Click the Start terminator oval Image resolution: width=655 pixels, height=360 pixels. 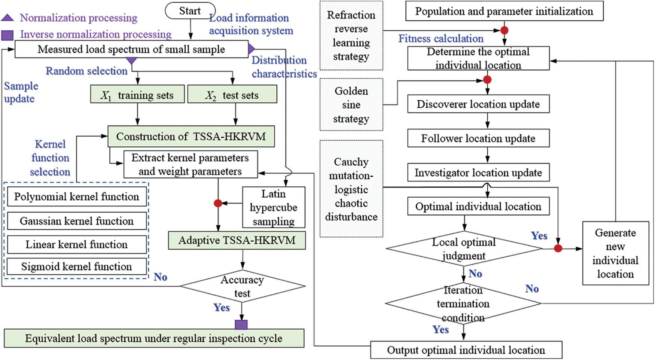click(x=190, y=11)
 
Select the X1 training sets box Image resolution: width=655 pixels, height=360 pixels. click(x=137, y=94)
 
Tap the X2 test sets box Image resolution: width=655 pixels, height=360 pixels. click(x=232, y=94)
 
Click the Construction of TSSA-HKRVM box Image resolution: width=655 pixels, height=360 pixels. click(x=191, y=136)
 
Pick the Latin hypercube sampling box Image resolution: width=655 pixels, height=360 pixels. click(x=274, y=207)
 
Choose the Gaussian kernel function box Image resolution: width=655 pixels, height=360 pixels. click(x=77, y=221)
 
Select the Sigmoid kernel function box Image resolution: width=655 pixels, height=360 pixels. click(x=77, y=266)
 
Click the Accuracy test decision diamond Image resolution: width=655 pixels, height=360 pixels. click(x=243, y=286)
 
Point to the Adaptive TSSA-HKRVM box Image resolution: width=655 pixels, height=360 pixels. click(x=237, y=240)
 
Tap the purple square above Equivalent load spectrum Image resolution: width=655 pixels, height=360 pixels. click(x=241, y=324)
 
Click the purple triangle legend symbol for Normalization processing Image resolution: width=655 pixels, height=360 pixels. click(x=7, y=17)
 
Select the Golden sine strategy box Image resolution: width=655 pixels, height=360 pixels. click(x=351, y=104)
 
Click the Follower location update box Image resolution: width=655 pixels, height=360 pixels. click(x=478, y=138)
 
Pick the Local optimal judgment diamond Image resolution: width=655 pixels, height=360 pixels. click(x=464, y=248)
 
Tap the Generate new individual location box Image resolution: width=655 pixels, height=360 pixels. click(x=615, y=253)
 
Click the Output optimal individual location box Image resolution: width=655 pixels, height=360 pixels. click(x=466, y=350)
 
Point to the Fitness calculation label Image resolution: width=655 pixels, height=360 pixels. click(x=441, y=39)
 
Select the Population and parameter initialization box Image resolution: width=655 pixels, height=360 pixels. click(x=505, y=11)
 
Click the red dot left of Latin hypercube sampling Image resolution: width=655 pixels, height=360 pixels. click(x=218, y=203)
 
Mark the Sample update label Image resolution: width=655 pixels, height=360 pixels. click(x=21, y=92)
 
